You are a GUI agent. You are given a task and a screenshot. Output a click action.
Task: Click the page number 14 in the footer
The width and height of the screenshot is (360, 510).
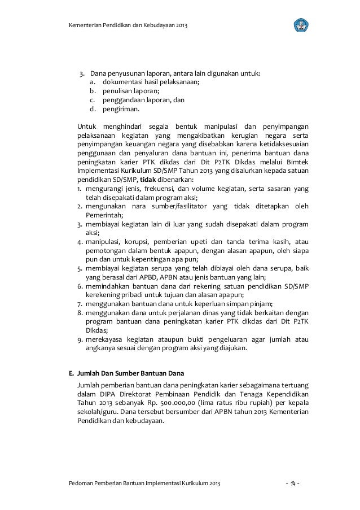click(293, 485)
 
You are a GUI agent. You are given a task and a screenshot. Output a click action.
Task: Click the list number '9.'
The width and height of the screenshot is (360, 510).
click(81, 339)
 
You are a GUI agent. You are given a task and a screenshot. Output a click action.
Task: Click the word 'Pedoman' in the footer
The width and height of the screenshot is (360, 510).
click(82, 485)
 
